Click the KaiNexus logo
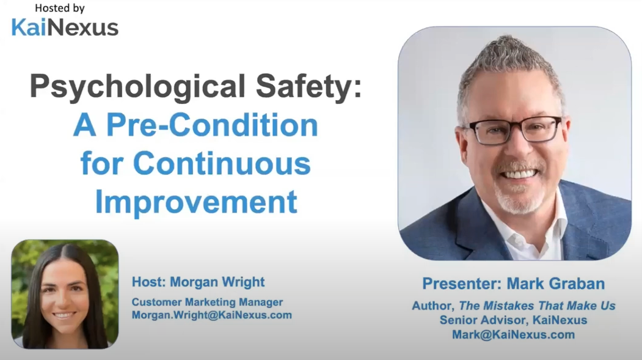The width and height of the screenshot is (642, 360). [x=65, y=27]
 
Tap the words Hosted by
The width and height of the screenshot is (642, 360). [x=60, y=8]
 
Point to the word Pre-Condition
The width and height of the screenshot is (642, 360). [x=212, y=125]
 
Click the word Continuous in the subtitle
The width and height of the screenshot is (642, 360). [x=222, y=163]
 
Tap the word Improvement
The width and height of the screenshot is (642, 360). [x=196, y=202]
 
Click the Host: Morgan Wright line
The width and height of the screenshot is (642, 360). [x=198, y=282]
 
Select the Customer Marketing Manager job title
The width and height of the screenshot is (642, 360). [x=207, y=302]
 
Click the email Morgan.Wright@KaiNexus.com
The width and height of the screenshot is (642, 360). [x=212, y=315]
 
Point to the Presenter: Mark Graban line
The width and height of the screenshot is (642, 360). [x=514, y=284]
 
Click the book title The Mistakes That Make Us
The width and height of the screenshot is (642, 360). [x=537, y=306]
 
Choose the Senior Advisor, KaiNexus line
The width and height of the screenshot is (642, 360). [x=514, y=320]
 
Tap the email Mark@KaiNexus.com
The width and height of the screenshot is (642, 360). [x=514, y=334]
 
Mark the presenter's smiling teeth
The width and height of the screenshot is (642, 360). [x=519, y=174]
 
